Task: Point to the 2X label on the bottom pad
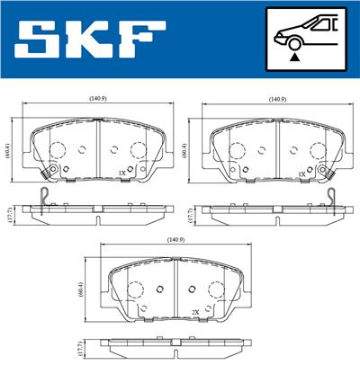(195, 312)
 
